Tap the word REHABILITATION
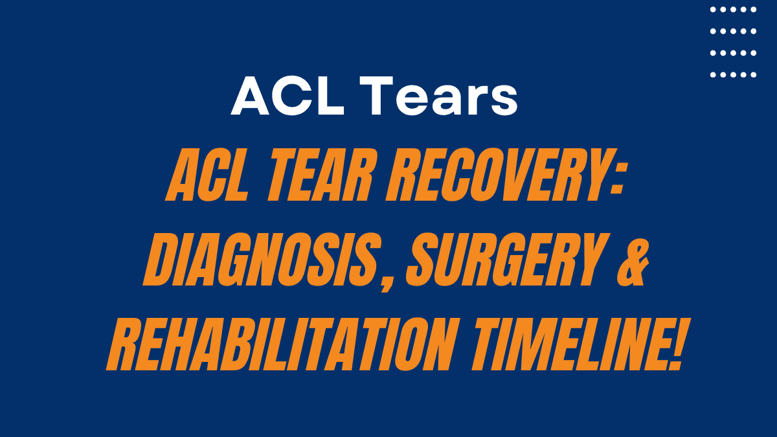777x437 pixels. (278, 349)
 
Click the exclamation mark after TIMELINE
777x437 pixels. (673, 349)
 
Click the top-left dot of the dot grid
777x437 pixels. (713, 10)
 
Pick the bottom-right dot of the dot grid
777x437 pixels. (754, 74)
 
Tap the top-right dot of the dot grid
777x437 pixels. (754, 10)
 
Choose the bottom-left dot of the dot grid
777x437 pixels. (713, 74)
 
